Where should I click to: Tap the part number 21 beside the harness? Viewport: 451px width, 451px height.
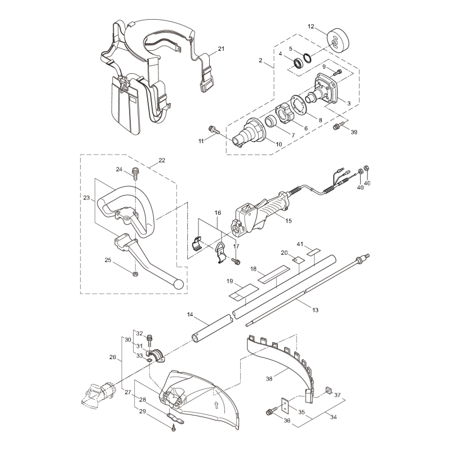click(221, 48)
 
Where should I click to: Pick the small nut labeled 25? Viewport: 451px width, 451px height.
click(136, 274)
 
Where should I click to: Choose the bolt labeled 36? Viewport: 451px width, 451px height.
click(269, 414)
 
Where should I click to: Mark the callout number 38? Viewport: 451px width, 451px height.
click(269, 379)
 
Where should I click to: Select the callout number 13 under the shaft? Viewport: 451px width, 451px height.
click(315, 309)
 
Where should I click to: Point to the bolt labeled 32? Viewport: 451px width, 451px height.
click(151, 340)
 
